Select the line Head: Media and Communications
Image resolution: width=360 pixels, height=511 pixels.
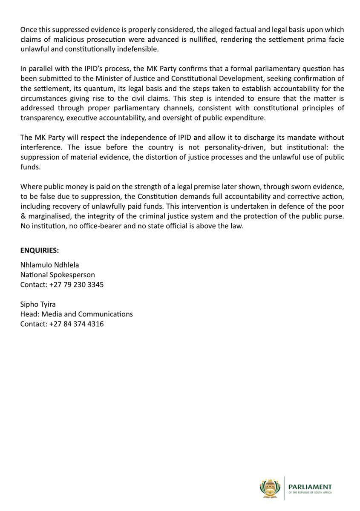coord(77,314)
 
